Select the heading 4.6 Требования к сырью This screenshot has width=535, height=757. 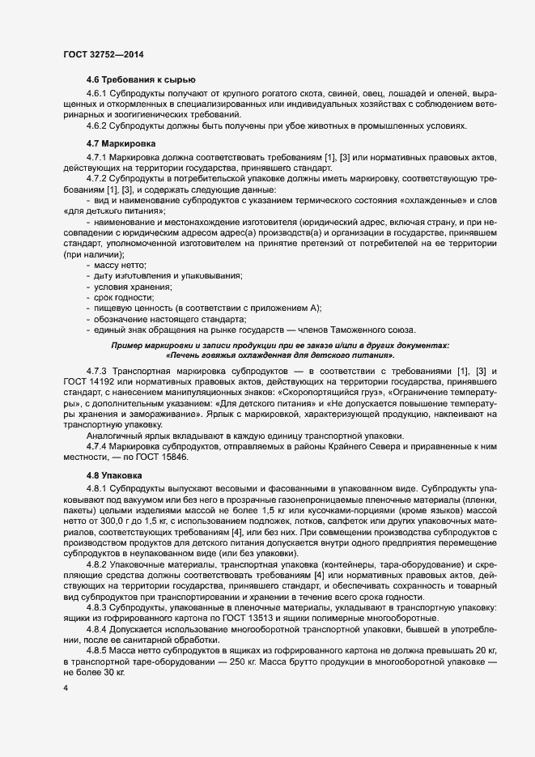click(x=141, y=79)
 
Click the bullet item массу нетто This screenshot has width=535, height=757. click(x=120, y=265)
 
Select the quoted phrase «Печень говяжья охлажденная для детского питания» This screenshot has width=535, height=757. click(x=279, y=355)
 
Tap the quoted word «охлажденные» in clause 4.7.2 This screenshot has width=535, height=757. click(x=436, y=200)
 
